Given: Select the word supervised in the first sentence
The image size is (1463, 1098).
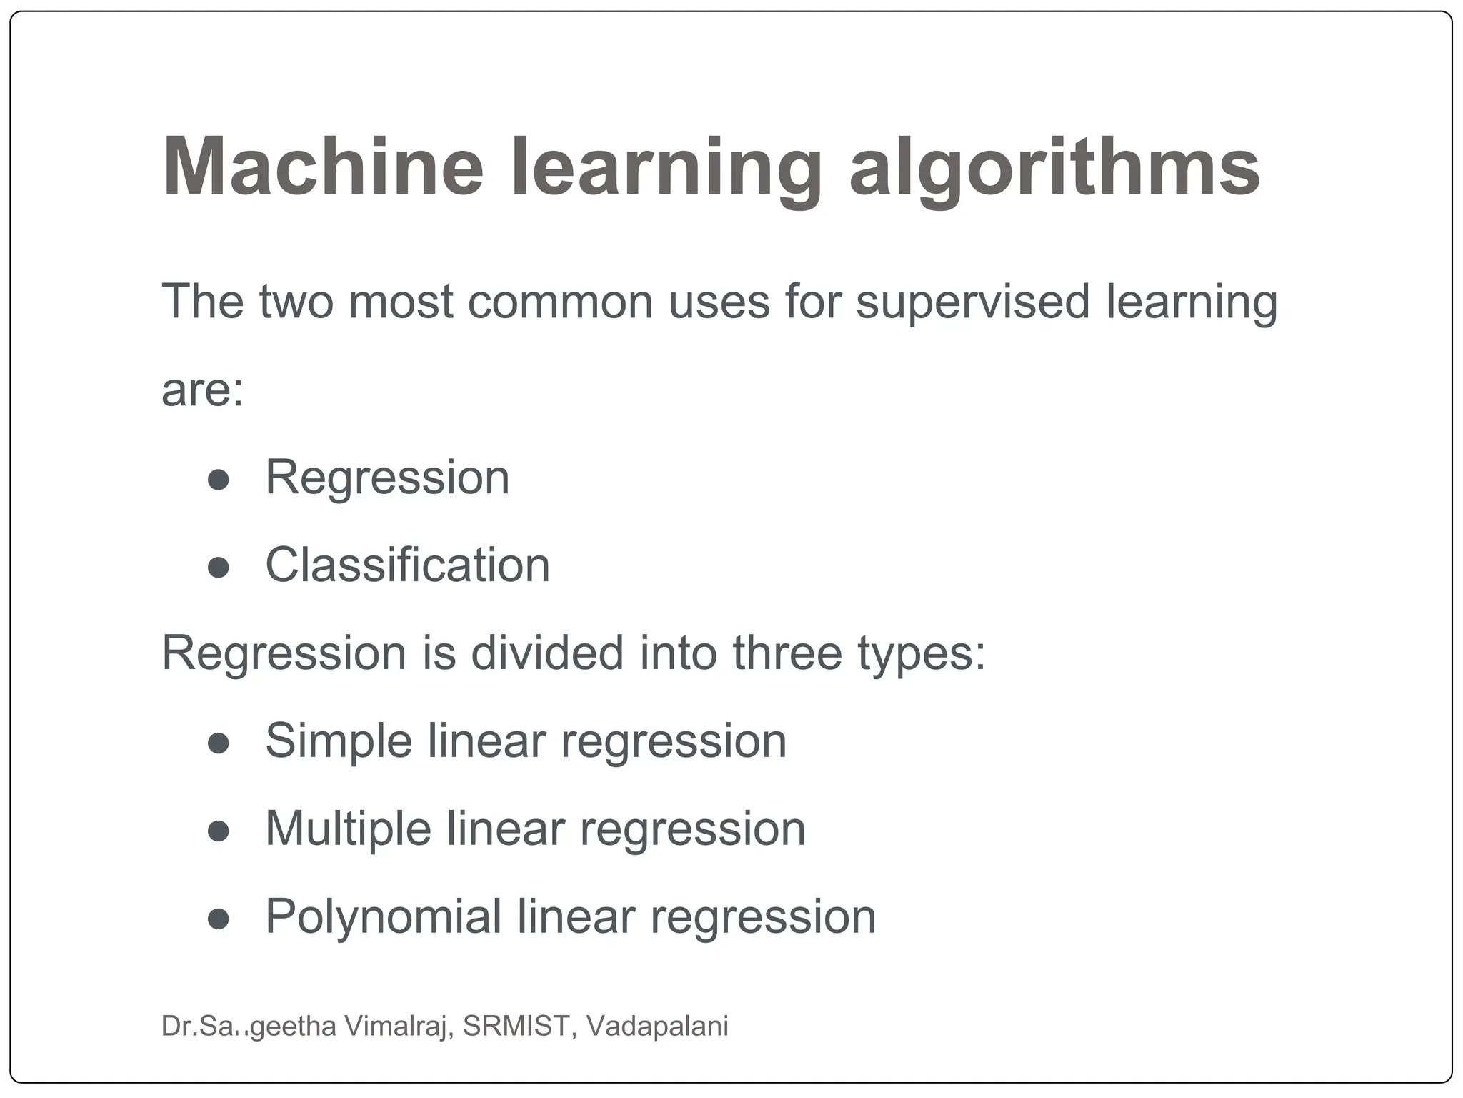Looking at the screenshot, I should click(972, 302).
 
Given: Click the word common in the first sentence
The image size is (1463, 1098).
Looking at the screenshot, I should click(560, 302).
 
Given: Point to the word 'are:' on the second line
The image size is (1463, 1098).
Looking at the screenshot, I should click(203, 390).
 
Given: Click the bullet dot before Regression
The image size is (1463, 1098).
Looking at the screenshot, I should click(218, 480).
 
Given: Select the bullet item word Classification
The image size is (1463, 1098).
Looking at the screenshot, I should click(407, 565).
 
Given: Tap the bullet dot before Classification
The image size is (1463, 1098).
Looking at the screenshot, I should click(218, 568).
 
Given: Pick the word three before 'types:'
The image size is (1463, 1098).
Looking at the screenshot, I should click(787, 653).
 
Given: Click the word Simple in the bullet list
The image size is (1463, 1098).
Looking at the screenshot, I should click(338, 741).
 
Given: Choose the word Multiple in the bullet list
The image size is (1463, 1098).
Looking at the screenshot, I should click(348, 829).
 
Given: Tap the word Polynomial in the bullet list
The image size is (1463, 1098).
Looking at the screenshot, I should click(384, 917).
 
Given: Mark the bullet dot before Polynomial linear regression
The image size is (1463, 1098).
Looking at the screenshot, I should click(218, 919).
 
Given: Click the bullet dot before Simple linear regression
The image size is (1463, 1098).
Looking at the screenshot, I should click(218, 743).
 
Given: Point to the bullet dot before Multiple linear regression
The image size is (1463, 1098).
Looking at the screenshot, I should click(218, 831).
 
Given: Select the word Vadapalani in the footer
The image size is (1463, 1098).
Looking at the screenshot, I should click(657, 1026).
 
